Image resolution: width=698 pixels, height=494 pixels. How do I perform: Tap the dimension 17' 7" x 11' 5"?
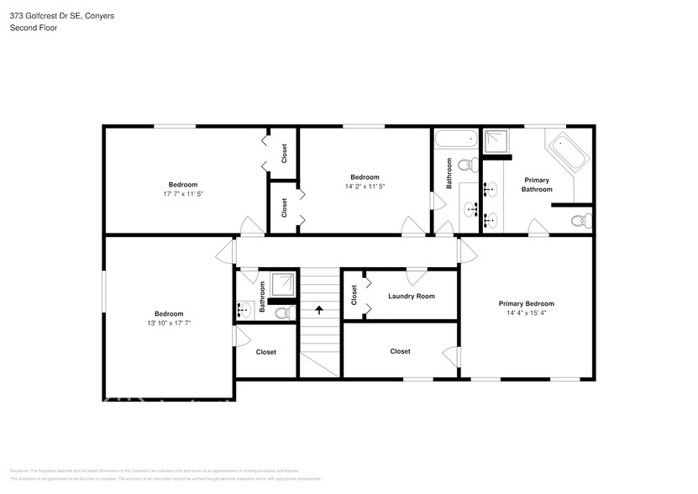pos(183,194)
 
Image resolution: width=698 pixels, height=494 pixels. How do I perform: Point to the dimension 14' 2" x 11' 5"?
pos(365,186)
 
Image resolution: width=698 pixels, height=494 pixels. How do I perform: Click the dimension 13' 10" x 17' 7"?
pos(168,323)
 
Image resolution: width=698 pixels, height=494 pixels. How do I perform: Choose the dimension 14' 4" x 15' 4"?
pos(526,313)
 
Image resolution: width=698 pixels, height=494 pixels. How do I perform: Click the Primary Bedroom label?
pos(526,303)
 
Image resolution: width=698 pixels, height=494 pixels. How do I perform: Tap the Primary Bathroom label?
pos(537,185)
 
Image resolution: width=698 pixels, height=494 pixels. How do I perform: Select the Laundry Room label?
pos(412,296)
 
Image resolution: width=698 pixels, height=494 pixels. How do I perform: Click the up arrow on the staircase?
pos(319,309)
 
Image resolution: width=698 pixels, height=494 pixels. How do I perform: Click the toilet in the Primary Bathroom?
pos(578,221)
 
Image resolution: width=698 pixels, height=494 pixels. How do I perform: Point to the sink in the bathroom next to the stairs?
pos(244,311)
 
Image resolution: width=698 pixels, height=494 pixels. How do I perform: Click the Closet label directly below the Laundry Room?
pos(400,351)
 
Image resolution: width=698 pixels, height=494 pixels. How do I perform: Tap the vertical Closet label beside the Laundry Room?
pos(354,294)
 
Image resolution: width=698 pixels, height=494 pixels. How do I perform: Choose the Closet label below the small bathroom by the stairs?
pos(265,352)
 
